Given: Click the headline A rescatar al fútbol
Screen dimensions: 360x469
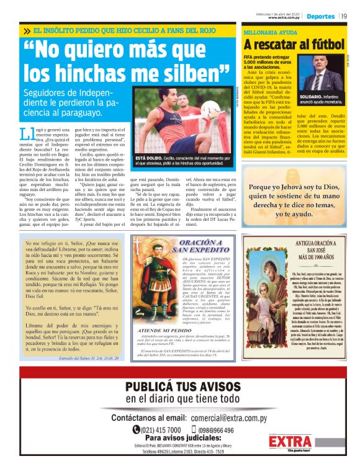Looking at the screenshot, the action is point(293,45).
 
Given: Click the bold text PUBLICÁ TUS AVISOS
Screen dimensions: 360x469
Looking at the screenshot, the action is point(179,387).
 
